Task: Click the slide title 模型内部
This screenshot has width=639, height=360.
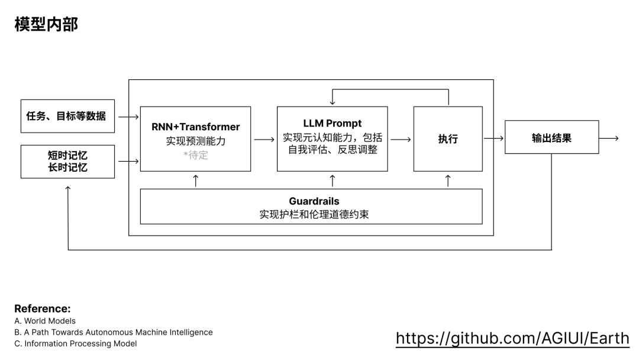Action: [x=46, y=24]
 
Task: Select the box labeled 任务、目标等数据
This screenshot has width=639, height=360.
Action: [x=67, y=116]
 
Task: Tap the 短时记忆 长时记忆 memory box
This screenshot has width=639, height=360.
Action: [x=67, y=161]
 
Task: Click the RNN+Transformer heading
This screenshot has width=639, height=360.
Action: [x=195, y=127]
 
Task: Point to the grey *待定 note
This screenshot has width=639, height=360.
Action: [x=195, y=156]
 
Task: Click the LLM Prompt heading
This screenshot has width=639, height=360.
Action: [x=332, y=124]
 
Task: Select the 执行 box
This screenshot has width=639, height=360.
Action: [x=447, y=139]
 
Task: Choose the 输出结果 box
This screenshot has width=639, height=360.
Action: [x=551, y=138]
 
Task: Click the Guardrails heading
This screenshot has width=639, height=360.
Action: [x=314, y=201]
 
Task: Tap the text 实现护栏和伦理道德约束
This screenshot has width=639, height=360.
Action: [x=314, y=214]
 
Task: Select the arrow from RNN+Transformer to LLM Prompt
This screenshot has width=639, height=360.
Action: [x=264, y=140]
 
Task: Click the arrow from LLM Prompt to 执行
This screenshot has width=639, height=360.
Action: [x=401, y=140]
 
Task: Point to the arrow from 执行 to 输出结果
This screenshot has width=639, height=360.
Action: [x=493, y=139]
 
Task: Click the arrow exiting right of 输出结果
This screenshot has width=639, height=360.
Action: [x=608, y=139]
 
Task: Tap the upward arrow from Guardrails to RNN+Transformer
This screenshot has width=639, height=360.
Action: [x=196, y=181]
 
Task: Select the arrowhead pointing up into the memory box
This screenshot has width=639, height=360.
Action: [x=68, y=189]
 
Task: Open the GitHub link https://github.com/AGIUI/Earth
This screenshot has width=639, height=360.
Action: [x=512, y=338]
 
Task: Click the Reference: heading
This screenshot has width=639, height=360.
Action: [x=42, y=308]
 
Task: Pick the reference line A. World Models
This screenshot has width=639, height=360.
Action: [x=45, y=321]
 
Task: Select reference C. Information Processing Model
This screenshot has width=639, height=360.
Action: [x=75, y=343]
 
